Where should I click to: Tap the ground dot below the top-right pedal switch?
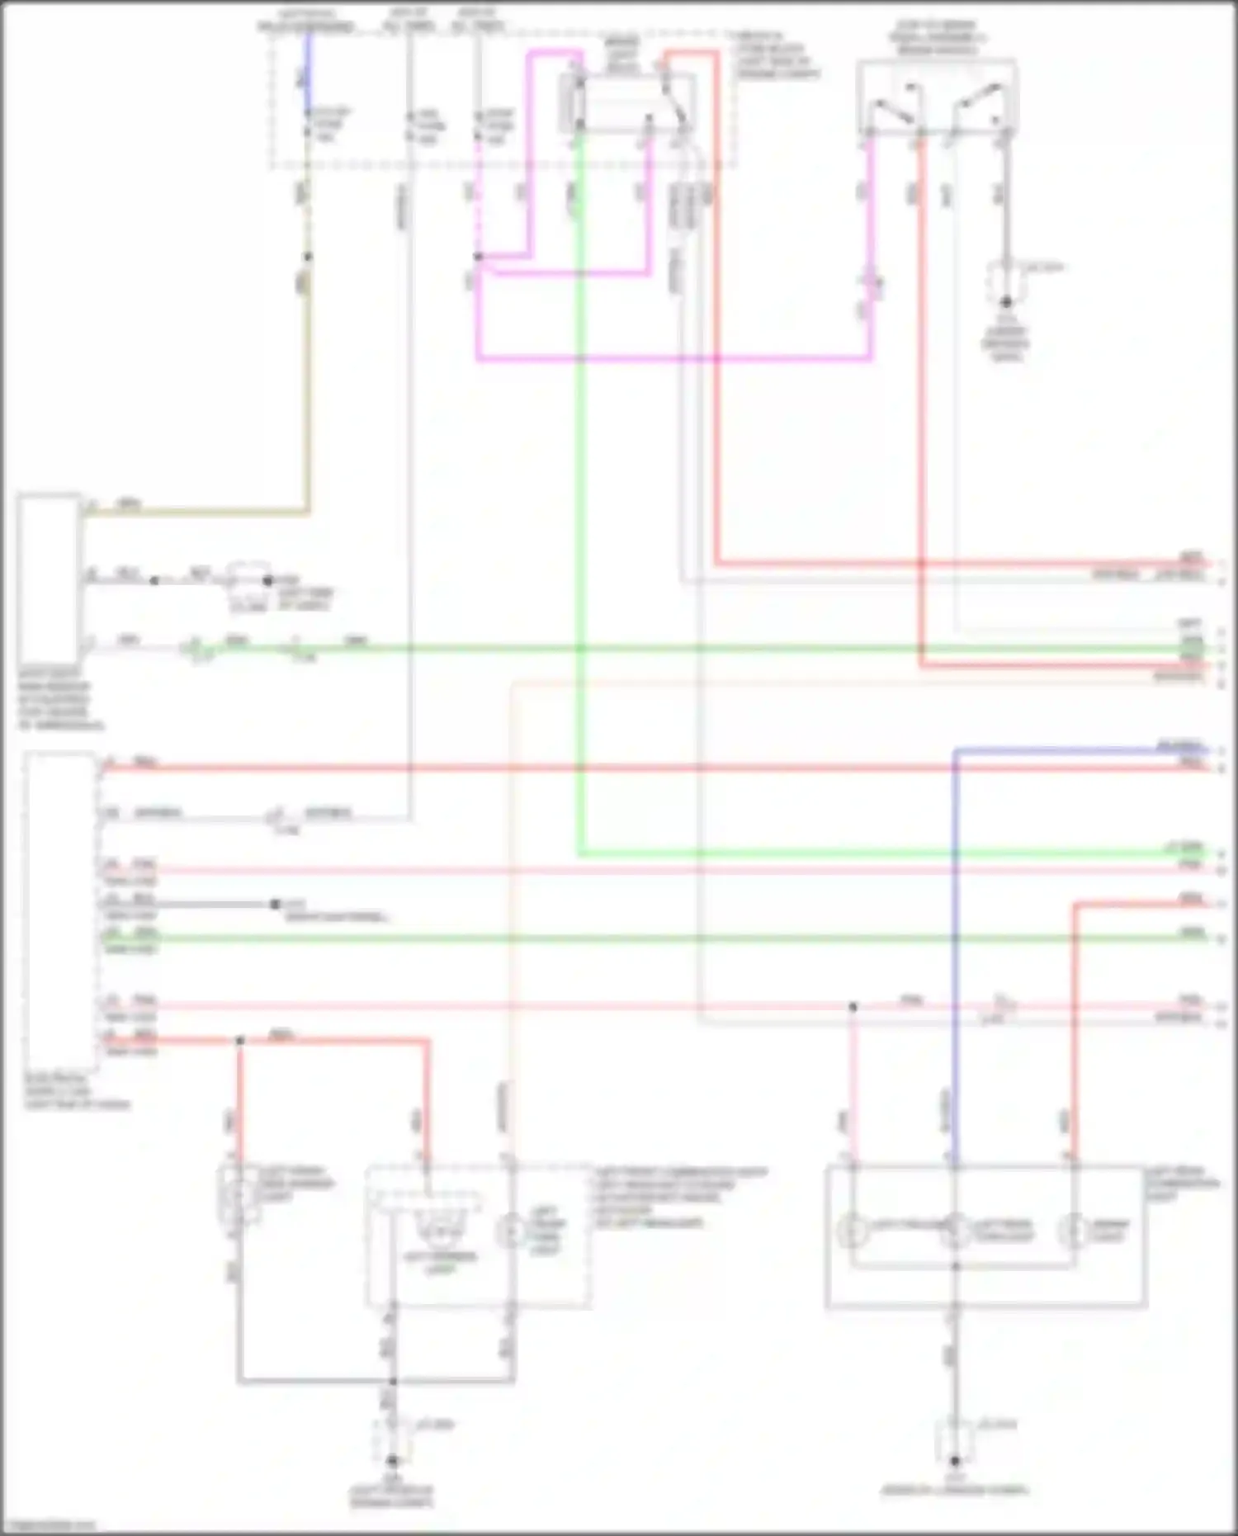pos(1006,302)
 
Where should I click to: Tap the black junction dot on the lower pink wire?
pos(853,1007)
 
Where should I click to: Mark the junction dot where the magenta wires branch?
pos(478,258)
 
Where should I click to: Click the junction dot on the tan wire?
pos(308,258)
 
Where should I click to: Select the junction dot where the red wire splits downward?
pos(240,1041)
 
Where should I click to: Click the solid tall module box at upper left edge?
pos(49,578)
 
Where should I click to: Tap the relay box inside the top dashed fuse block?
pos(627,103)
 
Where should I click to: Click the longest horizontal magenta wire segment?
pos(673,359)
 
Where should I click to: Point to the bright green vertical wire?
pos(580,495)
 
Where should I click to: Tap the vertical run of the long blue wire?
pos(955,949)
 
